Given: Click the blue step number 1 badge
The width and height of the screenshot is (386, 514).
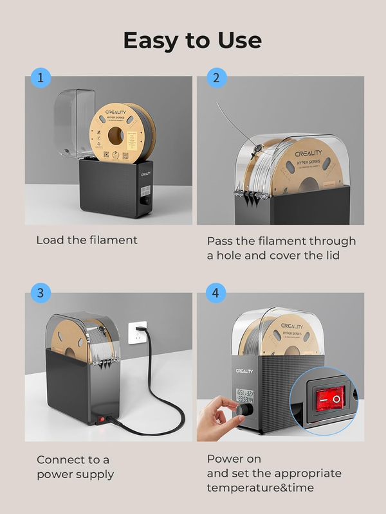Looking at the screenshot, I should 41,78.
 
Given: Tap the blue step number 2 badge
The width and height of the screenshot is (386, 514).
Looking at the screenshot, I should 216,78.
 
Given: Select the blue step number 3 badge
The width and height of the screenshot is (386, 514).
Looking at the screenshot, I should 41,294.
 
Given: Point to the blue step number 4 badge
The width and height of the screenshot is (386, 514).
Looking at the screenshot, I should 216,294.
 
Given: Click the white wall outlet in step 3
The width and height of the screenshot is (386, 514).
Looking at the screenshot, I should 137,333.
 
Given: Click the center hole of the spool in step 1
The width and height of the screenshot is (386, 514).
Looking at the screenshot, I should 117,136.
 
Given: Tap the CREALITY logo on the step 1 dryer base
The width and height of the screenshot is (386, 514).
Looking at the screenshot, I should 145,173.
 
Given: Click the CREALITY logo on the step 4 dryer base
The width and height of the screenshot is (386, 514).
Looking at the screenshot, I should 244,371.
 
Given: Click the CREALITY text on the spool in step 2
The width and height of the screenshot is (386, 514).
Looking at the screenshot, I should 308,154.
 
